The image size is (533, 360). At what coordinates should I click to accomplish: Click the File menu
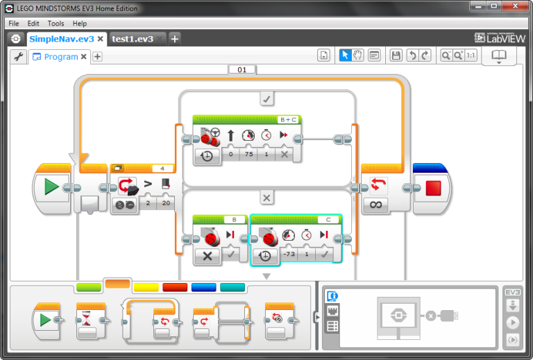(x=14, y=23)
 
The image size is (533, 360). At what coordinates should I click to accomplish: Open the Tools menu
(x=56, y=23)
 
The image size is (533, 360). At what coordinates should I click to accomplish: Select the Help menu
(x=80, y=23)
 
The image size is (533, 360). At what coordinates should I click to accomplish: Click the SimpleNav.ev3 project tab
(x=61, y=39)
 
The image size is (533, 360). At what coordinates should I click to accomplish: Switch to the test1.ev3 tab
(x=133, y=39)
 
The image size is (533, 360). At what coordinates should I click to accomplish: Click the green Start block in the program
(x=51, y=187)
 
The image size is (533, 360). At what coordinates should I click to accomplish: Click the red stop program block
(x=433, y=187)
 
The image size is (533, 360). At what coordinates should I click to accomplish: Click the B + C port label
(x=287, y=119)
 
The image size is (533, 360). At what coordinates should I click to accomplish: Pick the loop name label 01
(x=242, y=70)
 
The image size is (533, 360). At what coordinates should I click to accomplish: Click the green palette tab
(x=88, y=286)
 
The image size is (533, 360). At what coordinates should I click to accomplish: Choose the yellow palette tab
(x=146, y=286)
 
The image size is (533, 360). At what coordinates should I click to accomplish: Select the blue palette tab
(x=203, y=286)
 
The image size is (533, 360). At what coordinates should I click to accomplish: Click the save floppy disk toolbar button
(x=396, y=55)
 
